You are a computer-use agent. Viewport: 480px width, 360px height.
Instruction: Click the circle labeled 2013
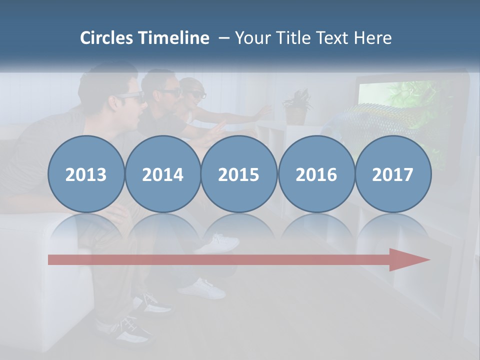pyautogui.click(x=86, y=174)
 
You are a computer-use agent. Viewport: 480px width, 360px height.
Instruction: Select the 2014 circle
pyautogui.click(x=163, y=174)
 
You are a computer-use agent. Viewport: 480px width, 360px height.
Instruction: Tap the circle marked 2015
pyautogui.click(x=239, y=174)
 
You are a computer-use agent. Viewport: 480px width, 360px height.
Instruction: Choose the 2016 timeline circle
pyautogui.click(x=316, y=174)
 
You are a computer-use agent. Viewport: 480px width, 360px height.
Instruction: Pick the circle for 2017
pyautogui.click(x=393, y=174)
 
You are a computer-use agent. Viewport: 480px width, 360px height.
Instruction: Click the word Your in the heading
pyautogui.click(x=251, y=37)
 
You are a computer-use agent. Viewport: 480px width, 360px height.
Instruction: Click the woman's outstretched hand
pyautogui.click(x=262, y=111)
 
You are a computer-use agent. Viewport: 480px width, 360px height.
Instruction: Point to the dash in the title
pyautogui.click(x=223, y=37)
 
